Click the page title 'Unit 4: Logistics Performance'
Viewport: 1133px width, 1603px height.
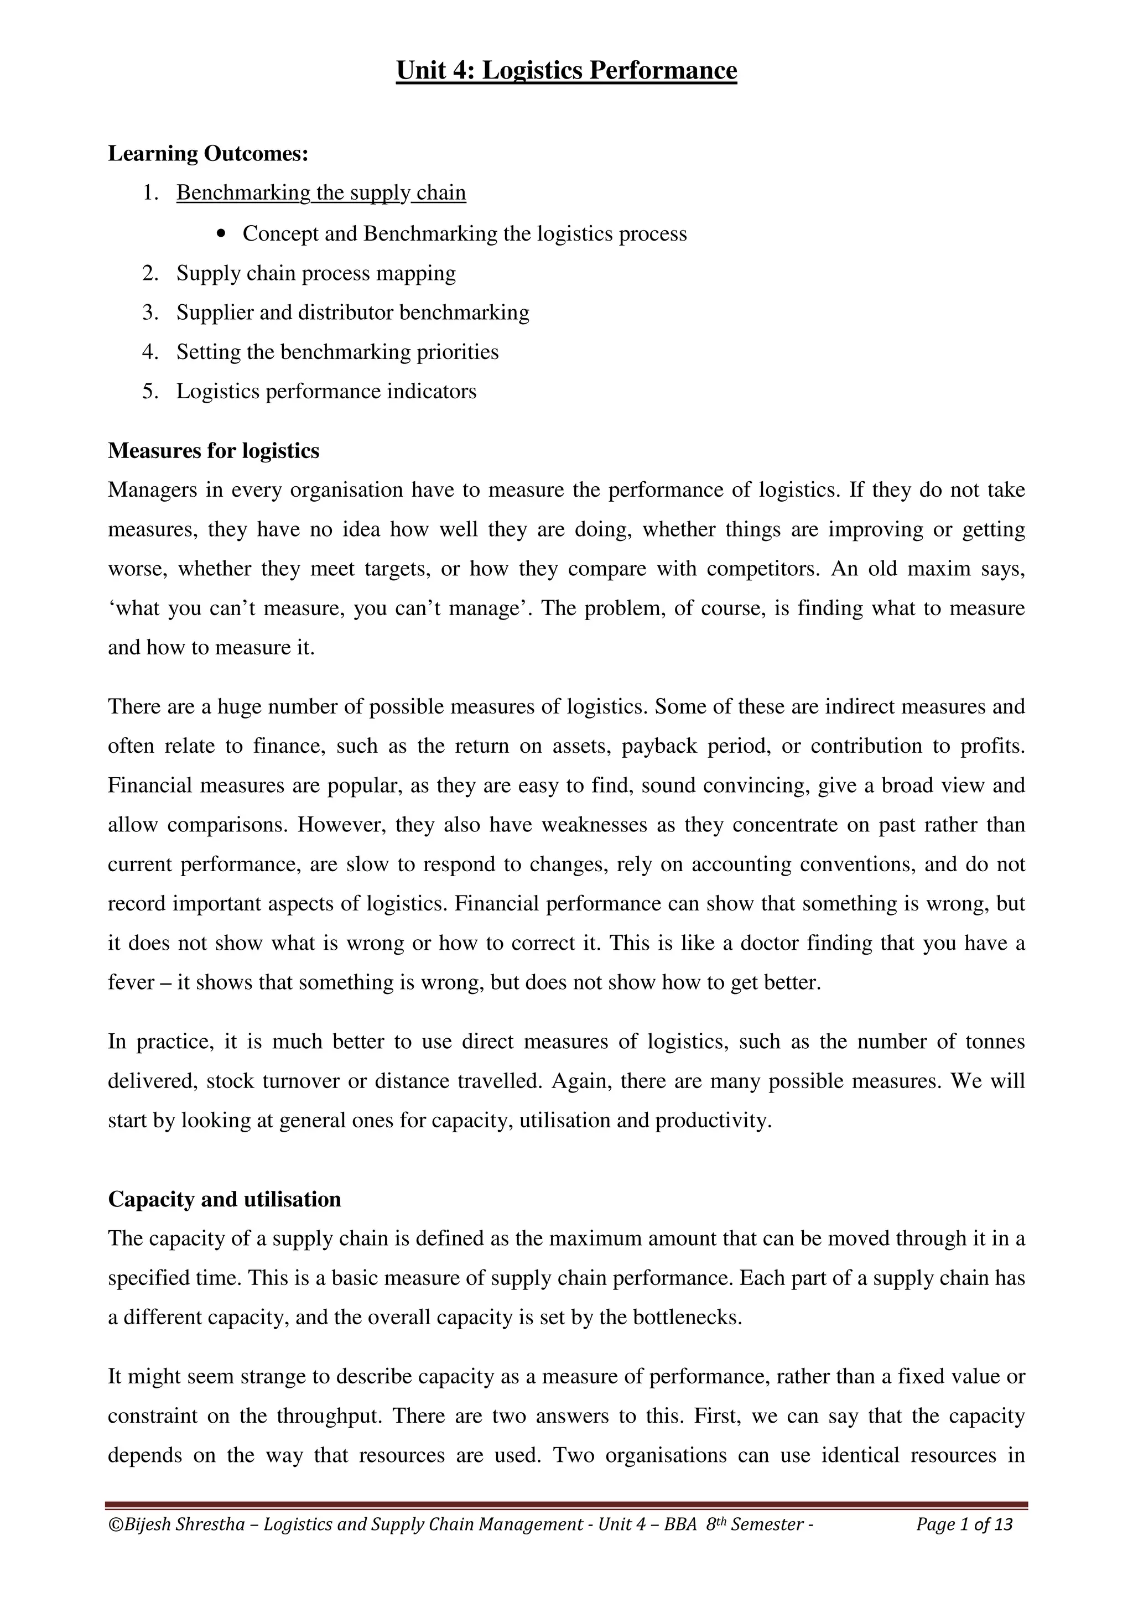tap(566, 70)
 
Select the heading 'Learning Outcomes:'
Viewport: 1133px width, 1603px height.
tap(208, 154)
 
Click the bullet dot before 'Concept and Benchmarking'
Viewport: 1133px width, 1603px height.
tap(222, 235)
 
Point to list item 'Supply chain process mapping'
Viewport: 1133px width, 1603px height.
tap(315, 273)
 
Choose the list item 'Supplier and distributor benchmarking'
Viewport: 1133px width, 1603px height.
tap(352, 312)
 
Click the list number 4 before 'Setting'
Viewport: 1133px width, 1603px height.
tap(149, 352)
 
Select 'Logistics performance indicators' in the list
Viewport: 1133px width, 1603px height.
tap(326, 391)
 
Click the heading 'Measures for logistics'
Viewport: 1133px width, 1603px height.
tap(214, 451)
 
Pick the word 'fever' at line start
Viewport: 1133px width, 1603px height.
tap(131, 983)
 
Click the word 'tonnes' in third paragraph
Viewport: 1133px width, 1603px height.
tap(995, 1042)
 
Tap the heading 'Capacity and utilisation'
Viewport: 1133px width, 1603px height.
tap(225, 1199)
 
